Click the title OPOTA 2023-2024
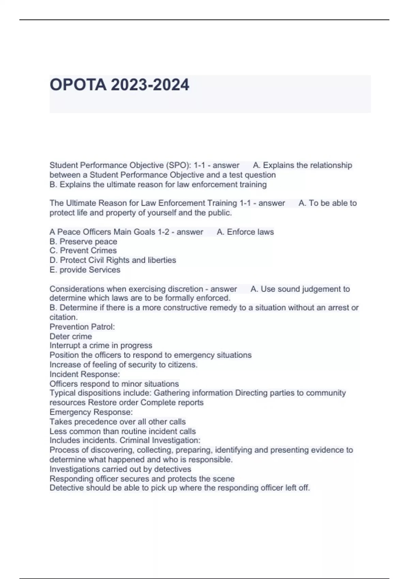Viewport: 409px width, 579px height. (119, 85)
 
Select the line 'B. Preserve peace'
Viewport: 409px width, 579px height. (83, 241)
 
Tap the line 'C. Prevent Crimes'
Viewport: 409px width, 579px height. (83, 251)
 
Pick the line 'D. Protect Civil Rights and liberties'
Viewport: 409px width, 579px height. (112, 260)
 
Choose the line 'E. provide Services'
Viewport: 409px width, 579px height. (85, 270)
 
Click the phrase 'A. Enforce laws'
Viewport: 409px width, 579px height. (245, 232)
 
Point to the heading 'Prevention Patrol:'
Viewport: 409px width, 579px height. (82, 327)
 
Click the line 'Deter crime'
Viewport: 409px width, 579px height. (71, 337)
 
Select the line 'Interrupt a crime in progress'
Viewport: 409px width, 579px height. (101, 345)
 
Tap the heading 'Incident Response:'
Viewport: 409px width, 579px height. (85, 374)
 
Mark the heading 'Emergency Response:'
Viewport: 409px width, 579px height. (91, 412)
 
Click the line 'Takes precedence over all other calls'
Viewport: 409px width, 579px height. (118, 422)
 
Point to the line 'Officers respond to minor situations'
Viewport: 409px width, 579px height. (114, 384)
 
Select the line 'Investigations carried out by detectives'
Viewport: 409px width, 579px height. (120, 469)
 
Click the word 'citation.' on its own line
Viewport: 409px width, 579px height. (64, 317)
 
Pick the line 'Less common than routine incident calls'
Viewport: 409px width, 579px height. (123, 431)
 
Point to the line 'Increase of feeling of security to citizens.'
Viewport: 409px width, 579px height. (123, 364)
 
